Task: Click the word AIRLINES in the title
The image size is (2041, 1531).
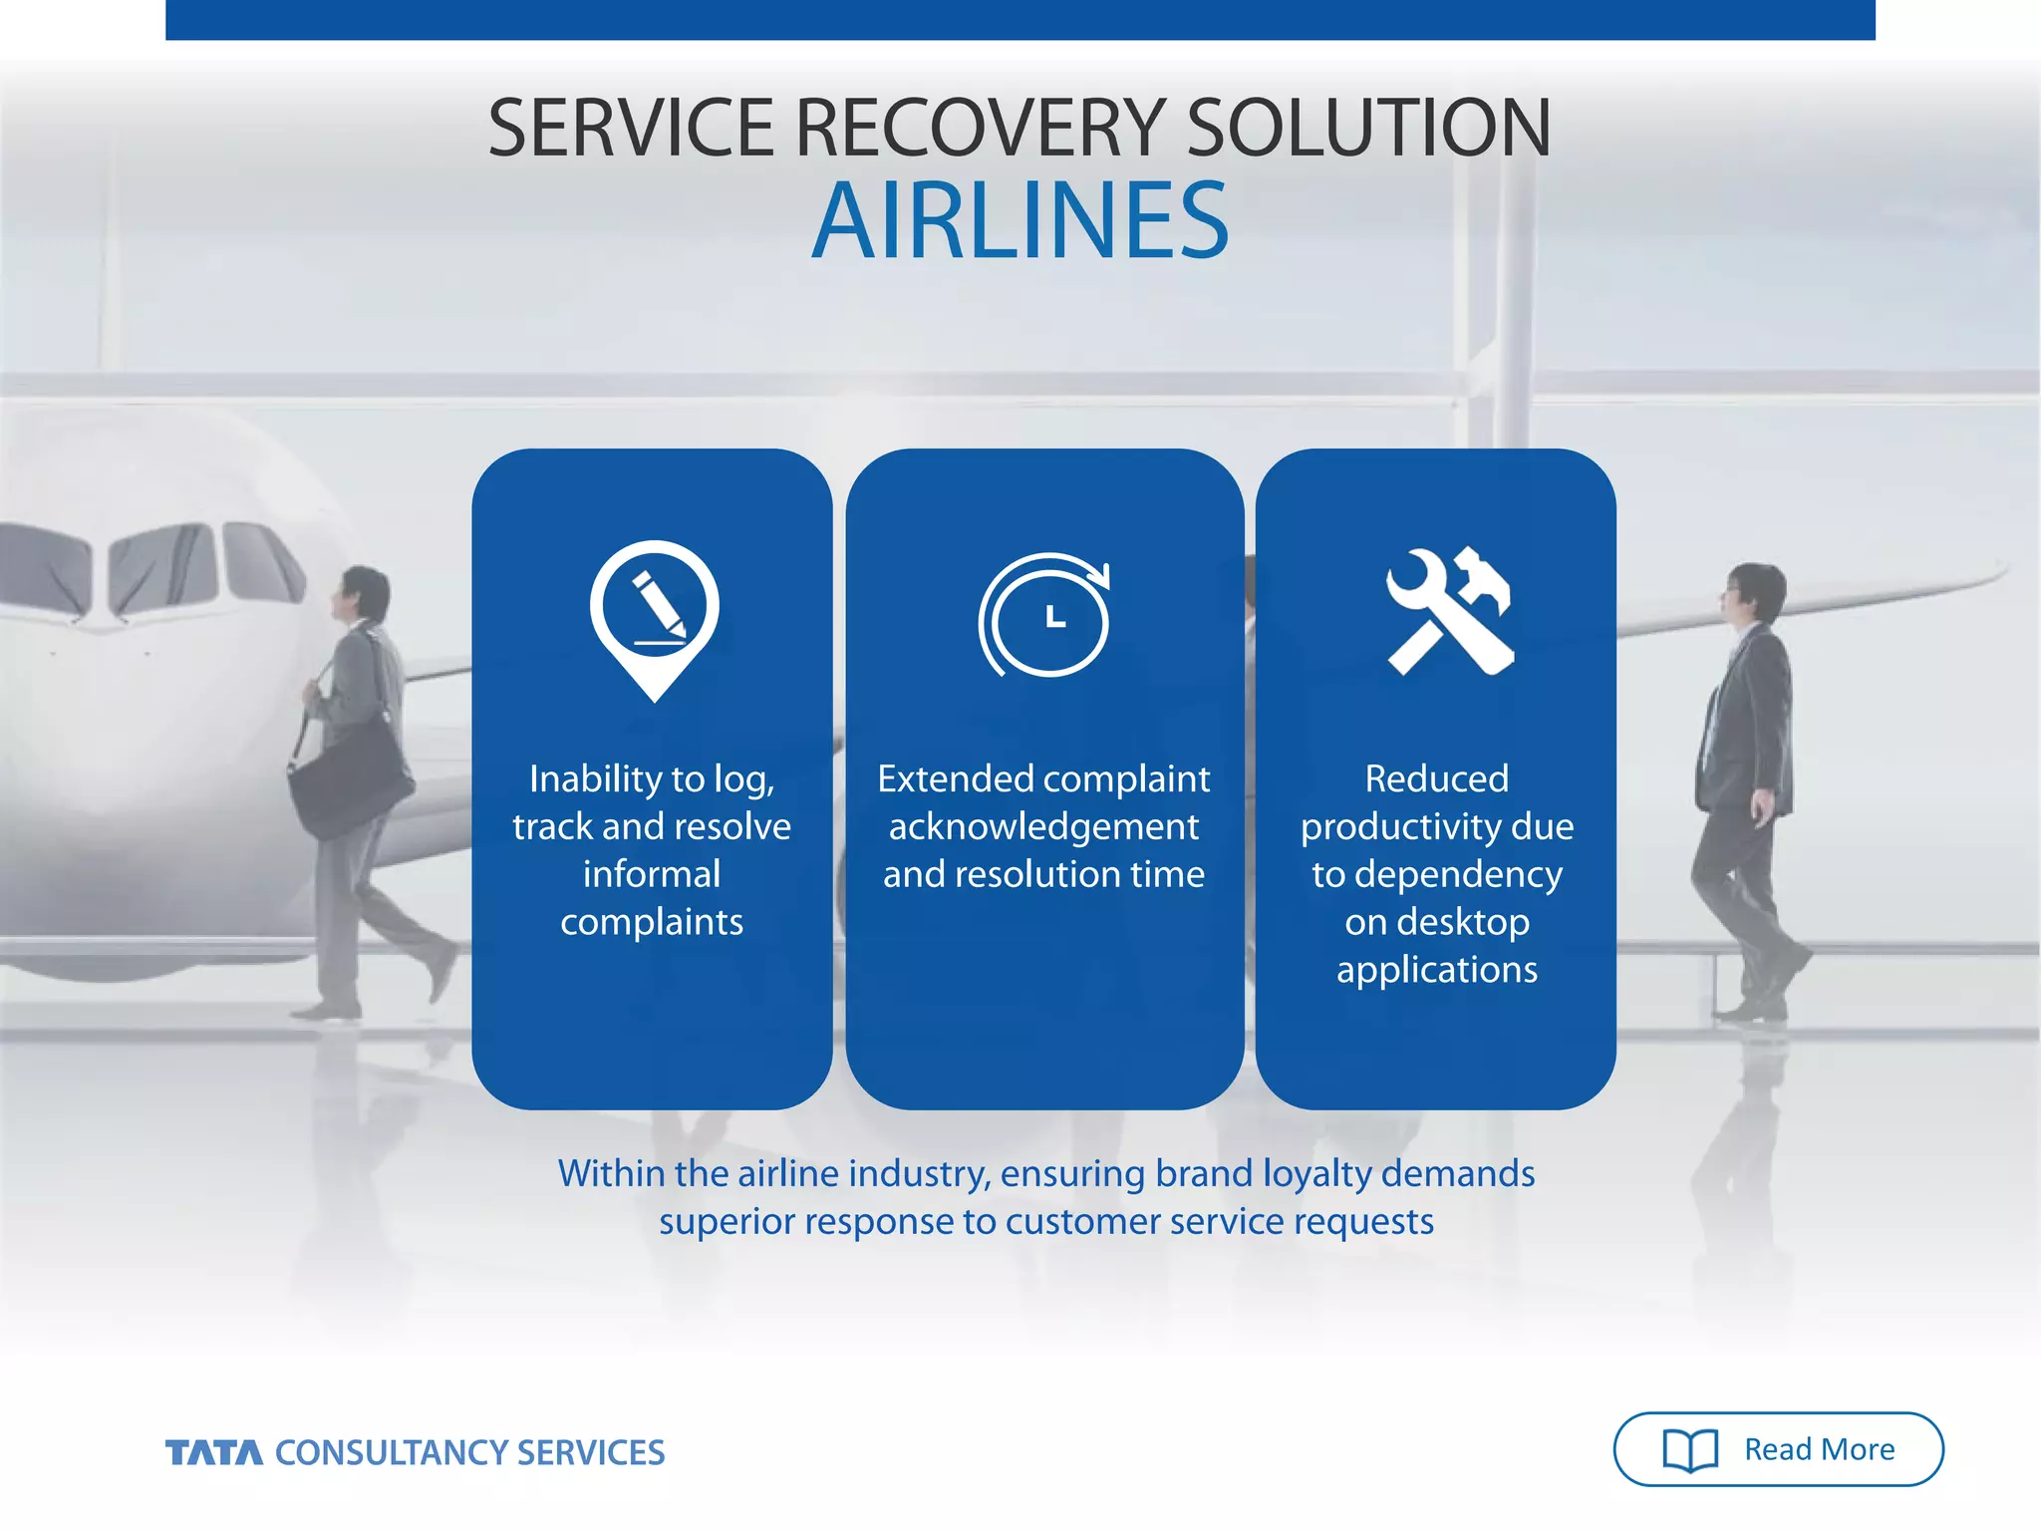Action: point(1020,221)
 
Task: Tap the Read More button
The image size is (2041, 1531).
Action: point(1778,1448)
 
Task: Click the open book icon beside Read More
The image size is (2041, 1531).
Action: point(1690,1449)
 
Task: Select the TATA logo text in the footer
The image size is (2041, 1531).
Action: point(213,1452)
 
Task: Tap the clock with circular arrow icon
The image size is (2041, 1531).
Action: point(1044,616)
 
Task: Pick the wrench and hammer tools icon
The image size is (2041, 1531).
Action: point(1449,612)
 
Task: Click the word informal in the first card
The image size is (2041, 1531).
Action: point(651,874)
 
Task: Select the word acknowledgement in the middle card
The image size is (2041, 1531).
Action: point(1043,826)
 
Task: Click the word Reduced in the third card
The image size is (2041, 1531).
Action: point(1436,778)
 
